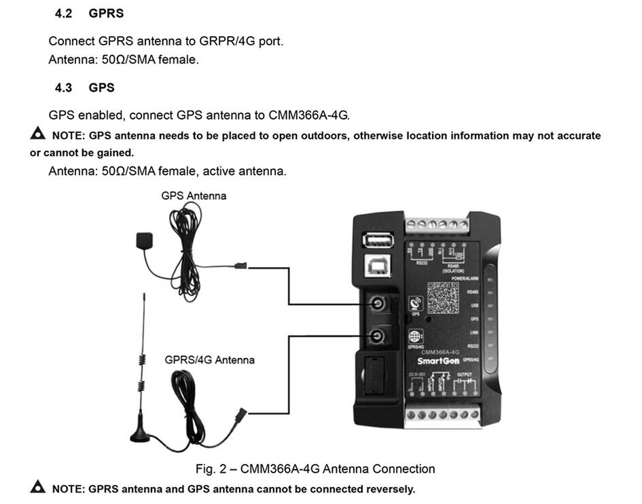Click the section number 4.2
tap(64, 14)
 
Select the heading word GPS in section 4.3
tap(101, 88)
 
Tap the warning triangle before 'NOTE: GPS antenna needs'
tap(38, 134)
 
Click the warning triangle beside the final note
tap(38, 487)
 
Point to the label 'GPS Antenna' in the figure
tap(194, 196)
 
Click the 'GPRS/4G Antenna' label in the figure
tap(209, 359)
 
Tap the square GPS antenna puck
tap(144, 240)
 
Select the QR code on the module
tap(443, 296)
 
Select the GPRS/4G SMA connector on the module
tap(376, 335)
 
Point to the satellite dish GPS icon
tap(416, 304)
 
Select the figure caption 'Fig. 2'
tap(315, 469)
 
